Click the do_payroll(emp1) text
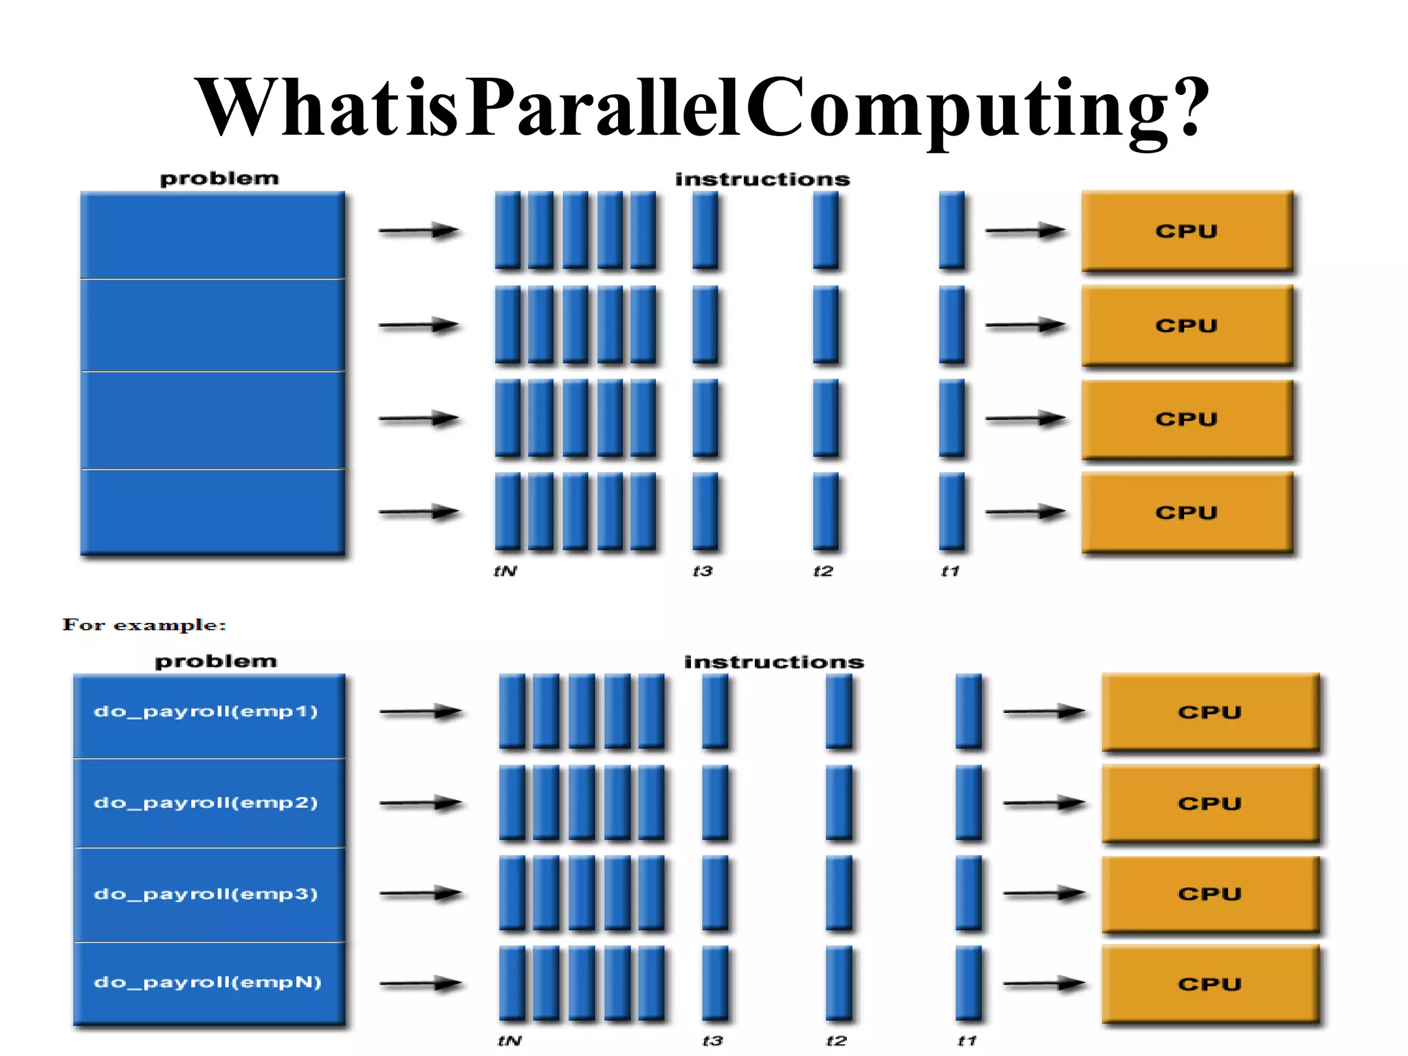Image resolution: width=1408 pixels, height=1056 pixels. [206, 711]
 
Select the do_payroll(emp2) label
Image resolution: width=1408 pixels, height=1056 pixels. [206, 802]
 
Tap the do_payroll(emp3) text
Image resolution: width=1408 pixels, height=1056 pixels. [206, 894]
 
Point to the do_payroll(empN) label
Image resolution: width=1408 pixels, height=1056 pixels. [208, 982]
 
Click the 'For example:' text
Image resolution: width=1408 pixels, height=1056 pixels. [144, 625]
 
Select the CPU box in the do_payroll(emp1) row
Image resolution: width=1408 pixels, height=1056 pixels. [1210, 712]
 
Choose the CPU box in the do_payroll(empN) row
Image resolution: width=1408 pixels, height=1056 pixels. [1210, 984]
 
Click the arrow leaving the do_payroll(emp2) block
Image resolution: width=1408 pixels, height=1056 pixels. [421, 803]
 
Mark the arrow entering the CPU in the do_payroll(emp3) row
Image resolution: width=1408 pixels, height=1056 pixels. [1044, 894]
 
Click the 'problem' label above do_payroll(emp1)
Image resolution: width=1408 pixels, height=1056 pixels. [216, 661]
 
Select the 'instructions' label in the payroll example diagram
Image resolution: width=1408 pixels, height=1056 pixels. [774, 662]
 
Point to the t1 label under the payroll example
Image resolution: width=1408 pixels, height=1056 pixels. [967, 1041]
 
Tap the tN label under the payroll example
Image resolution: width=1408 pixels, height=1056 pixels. [509, 1041]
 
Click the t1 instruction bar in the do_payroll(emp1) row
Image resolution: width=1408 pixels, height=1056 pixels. [969, 711]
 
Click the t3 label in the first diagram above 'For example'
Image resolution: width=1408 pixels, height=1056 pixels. [703, 571]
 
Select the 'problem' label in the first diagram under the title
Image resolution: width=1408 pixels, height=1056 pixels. [219, 179]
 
